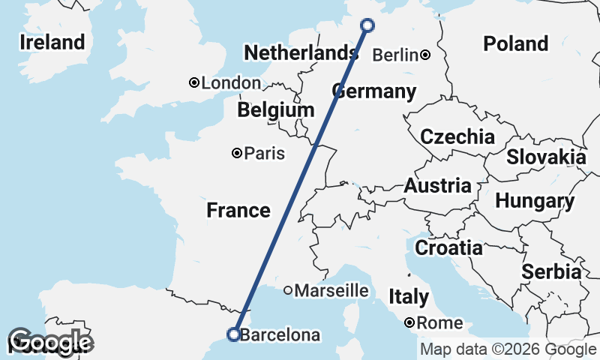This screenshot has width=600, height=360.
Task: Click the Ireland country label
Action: click(x=52, y=42)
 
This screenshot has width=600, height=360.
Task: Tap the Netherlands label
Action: click(x=301, y=53)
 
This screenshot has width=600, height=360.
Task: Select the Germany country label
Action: click(x=373, y=92)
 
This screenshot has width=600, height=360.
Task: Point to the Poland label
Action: click(x=515, y=43)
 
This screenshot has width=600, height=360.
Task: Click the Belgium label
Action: click(x=276, y=111)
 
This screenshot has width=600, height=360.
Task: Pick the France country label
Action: click(x=238, y=211)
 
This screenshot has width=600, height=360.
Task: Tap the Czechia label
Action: click(x=457, y=137)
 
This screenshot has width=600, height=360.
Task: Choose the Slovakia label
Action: click(x=546, y=157)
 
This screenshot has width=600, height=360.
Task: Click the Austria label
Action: click(x=438, y=186)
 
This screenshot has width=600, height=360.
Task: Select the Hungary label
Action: click(x=535, y=202)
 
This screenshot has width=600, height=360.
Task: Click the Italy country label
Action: click(x=409, y=297)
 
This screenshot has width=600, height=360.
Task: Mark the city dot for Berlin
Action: click(x=425, y=55)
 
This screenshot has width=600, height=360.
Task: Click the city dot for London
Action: click(x=193, y=82)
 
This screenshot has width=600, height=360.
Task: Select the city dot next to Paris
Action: click(x=237, y=153)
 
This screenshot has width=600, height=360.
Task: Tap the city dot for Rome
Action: click(x=410, y=323)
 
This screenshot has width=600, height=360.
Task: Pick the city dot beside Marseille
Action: click(x=288, y=290)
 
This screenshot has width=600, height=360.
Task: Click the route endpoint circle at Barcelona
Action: click(x=234, y=334)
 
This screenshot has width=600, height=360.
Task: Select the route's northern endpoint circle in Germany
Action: click(x=367, y=25)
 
